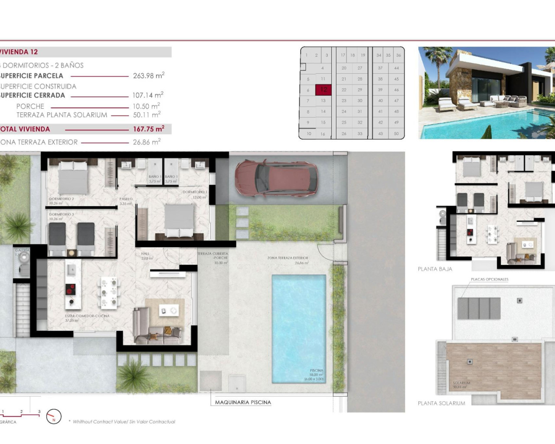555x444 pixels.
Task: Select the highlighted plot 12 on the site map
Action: pyautogui.click(x=323, y=90)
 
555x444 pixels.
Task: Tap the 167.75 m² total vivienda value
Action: pyautogui.click(x=148, y=129)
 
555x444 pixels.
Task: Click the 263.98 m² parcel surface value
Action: pyautogui.click(x=148, y=75)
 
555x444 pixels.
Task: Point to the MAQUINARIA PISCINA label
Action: pyautogui.click(x=243, y=402)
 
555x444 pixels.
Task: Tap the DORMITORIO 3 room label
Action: pyautogui.click(x=61, y=215)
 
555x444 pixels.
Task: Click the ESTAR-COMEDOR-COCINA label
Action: pyautogui.click(x=87, y=316)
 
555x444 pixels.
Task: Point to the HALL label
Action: pyautogui.click(x=145, y=254)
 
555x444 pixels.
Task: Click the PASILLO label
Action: pyautogui.click(x=126, y=199)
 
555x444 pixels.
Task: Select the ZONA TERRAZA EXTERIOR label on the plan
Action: pyautogui.click(x=287, y=258)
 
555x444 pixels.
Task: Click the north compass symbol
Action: pyautogui.click(x=54, y=417)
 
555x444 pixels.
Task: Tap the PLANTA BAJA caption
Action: pyautogui.click(x=435, y=269)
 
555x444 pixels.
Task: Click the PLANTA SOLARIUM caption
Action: pyautogui.click(x=441, y=403)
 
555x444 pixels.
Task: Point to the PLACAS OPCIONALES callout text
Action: pyautogui.click(x=490, y=279)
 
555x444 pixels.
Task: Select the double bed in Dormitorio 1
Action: pyautogui.click(x=179, y=220)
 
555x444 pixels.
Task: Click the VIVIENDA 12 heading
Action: pyautogui.click(x=19, y=52)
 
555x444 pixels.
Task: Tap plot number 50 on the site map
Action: pyautogui.click(x=396, y=134)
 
